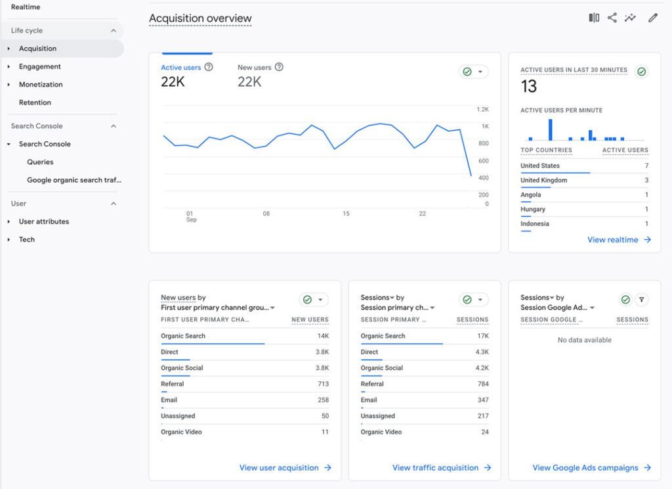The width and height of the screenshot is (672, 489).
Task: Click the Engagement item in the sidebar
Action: (x=39, y=66)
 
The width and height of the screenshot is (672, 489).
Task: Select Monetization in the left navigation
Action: (x=41, y=85)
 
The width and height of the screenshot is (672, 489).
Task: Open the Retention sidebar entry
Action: (x=35, y=103)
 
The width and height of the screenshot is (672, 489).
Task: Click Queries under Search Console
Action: (x=40, y=162)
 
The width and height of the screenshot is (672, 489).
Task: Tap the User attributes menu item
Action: (x=44, y=221)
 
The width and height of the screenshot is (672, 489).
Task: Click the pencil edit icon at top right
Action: (x=653, y=18)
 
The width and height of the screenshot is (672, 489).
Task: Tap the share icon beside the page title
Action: (x=612, y=18)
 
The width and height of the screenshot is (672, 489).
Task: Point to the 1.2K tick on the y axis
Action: (x=482, y=110)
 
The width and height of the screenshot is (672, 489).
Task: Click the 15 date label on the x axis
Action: (x=346, y=214)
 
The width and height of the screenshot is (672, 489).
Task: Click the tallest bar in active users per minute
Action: (x=551, y=129)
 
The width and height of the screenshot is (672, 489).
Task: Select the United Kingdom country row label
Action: (x=543, y=180)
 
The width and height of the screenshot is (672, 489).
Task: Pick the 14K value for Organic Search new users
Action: (x=323, y=336)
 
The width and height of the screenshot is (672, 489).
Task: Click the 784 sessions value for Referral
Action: (x=483, y=384)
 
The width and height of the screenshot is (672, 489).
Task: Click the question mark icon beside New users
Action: (x=279, y=67)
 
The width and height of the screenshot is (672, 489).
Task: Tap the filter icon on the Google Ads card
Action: (x=642, y=300)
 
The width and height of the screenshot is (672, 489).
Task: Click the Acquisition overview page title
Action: (x=200, y=18)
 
